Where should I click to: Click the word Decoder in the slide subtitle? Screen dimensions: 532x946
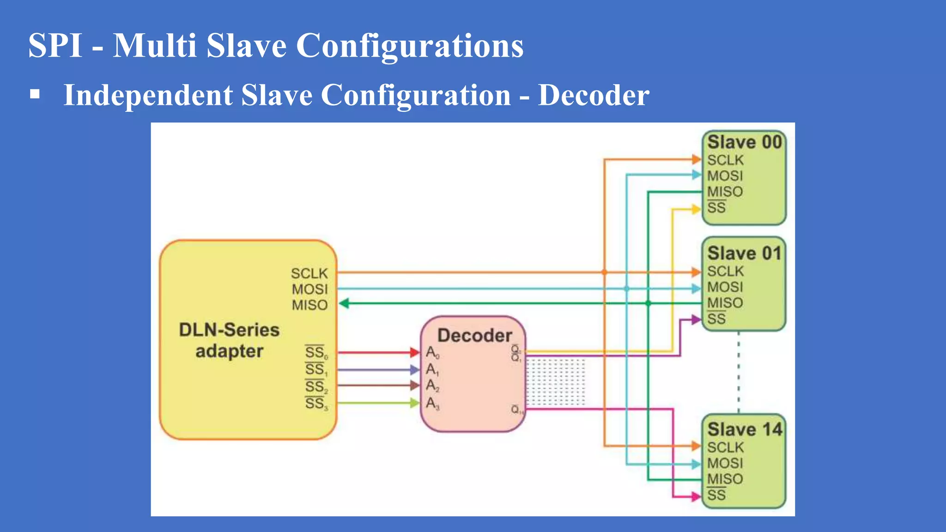coord(594,95)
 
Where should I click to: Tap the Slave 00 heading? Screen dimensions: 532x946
coord(744,142)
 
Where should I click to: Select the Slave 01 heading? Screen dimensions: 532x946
coord(744,254)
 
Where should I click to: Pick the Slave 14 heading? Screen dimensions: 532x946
coord(744,429)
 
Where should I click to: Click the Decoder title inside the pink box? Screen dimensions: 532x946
coord(474,335)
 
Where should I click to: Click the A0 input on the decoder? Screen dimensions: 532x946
coord(432,353)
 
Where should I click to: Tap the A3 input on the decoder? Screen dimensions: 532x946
coord(432,404)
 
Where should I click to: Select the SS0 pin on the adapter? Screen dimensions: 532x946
coord(316,353)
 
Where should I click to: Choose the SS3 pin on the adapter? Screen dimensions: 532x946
coord(316,404)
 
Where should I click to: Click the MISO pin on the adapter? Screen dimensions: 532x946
coord(309,305)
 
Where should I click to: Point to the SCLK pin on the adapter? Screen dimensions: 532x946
coord(309,273)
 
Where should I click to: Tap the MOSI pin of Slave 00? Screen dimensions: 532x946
coord(725,176)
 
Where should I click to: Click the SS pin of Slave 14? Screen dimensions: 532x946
coord(716,496)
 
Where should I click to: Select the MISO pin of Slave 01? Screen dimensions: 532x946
coord(725,303)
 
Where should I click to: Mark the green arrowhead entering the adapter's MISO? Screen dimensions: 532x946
coord(344,303)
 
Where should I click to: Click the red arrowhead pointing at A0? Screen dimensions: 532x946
coord(415,353)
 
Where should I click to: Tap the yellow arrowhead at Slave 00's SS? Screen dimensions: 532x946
coord(696,209)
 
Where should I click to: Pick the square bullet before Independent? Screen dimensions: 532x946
coord(35,95)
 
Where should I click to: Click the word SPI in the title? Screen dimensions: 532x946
coord(55,46)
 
